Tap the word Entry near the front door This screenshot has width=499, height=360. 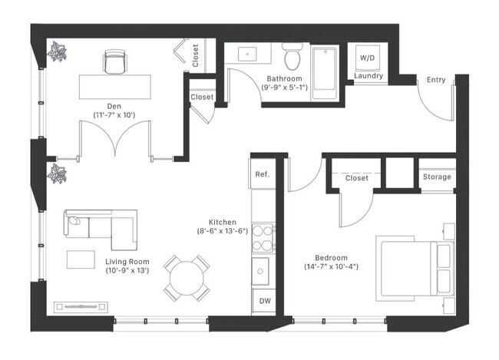(436, 79)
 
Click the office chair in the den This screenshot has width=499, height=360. (114, 62)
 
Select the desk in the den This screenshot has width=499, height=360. (114, 86)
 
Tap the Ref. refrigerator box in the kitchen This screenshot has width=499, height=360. (261, 174)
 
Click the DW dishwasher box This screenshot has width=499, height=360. (263, 300)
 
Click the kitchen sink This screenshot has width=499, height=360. (263, 270)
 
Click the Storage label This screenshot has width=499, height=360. (437, 177)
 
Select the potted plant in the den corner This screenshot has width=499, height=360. (58, 52)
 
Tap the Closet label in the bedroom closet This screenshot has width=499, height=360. (356, 178)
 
